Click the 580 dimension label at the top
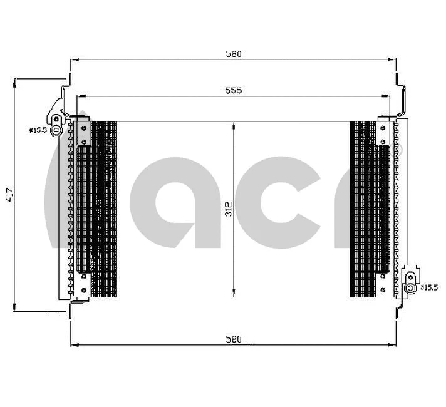[x=234, y=54]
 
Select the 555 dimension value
[x=234, y=91]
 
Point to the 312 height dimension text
[x=229, y=209]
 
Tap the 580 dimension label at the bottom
[x=234, y=339]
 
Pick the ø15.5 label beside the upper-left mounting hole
[x=38, y=130]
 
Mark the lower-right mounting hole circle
[x=410, y=288]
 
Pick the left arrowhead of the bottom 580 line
[x=73, y=345]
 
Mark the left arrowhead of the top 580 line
[x=73, y=61]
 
